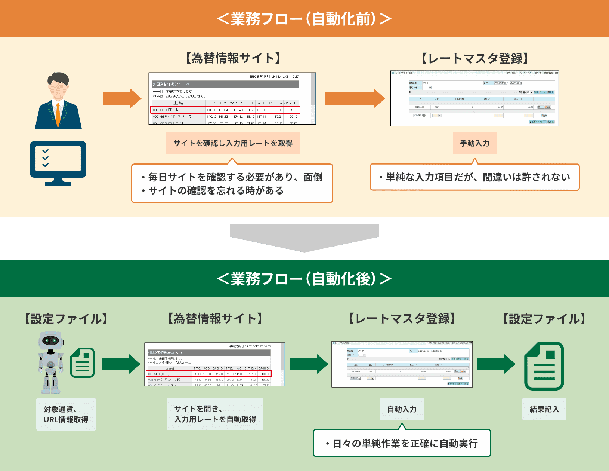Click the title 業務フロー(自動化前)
[x=304, y=19]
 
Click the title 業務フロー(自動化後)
[x=304, y=279]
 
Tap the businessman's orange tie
[x=58, y=114]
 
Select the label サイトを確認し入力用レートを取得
[x=233, y=143]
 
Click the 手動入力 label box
[x=474, y=143]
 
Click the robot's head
[x=51, y=340]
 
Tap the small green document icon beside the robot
[x=83, y=363]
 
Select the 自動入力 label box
[x=402, y=409]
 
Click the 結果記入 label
[x=544, y=409]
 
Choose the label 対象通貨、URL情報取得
[x=66, y=414]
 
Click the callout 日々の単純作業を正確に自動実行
[x=402, y=443]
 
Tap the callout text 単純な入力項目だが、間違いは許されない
[x=474, y=177]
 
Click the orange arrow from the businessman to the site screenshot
[x=121, y=98]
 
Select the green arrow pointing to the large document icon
[x=495, y=364]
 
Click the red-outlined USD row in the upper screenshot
[x=225, y=110]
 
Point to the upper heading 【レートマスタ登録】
[x=474, y=59]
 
